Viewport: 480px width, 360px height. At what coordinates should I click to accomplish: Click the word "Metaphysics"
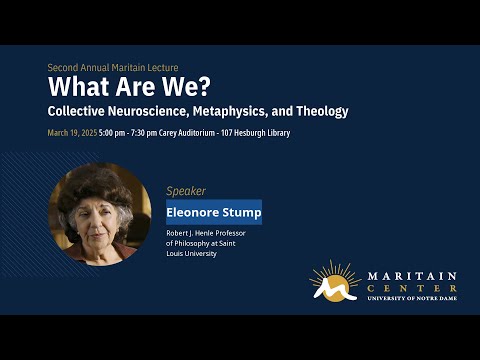pyautogui.click(x=243, y=111)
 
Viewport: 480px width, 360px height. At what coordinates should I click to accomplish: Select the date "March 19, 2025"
pyautogui.click(x=71, y=133)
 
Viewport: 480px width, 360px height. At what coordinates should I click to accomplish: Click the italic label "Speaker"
pyautogui.click(x=186, y=191)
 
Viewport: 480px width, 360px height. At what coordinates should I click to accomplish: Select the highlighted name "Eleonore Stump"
pyautogui.click(x=214, y=212)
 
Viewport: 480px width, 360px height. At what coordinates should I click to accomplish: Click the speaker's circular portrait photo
pyautogui.click(x=100, y=214)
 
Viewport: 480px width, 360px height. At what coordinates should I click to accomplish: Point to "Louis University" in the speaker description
pyautogui.click(x=191, y=254)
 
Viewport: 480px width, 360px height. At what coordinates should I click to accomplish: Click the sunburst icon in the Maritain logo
pyautogui.click(x=333, y=281)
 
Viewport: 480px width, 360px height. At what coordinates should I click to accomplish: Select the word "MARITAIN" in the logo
pyautogui.click(x=412, y=274)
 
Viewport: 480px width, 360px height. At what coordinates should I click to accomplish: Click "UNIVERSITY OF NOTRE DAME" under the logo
pyautogui.click(x=412, y=298)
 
